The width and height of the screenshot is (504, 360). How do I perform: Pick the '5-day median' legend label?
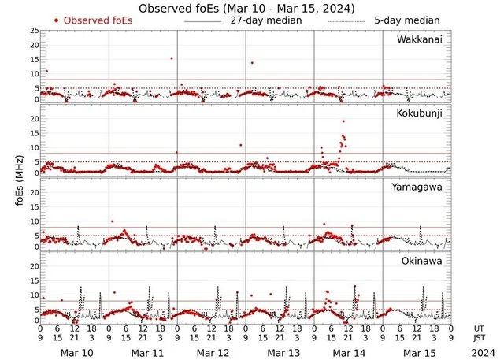pyautogui.click(x=407, y=20)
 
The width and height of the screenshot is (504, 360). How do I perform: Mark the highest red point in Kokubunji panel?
pyautogui.click(x=343, y=121)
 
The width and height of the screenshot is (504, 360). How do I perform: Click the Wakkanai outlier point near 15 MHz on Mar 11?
pyautogui.click(x=171, y=58)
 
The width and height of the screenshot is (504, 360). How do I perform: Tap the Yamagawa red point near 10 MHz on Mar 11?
pyautogui.click(x=113, y=221)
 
